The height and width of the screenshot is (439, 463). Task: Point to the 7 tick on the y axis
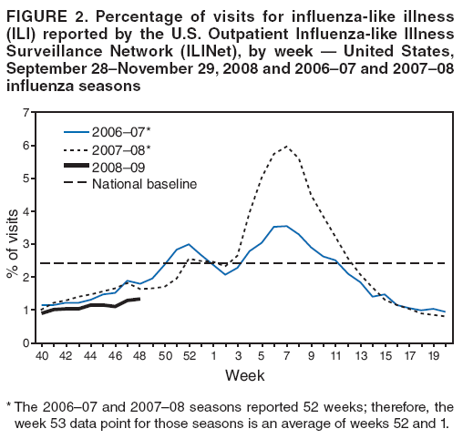[28, 112]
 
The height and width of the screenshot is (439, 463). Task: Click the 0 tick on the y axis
[28, 343]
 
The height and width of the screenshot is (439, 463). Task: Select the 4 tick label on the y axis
[28, 211]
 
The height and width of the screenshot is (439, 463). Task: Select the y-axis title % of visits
[12, 228]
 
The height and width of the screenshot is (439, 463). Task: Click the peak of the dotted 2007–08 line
[287, 147]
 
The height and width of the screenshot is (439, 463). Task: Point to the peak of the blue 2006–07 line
[285, 226]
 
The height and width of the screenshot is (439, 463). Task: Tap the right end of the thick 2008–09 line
[139, 299]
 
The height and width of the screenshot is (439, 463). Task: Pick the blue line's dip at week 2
[226, 274]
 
